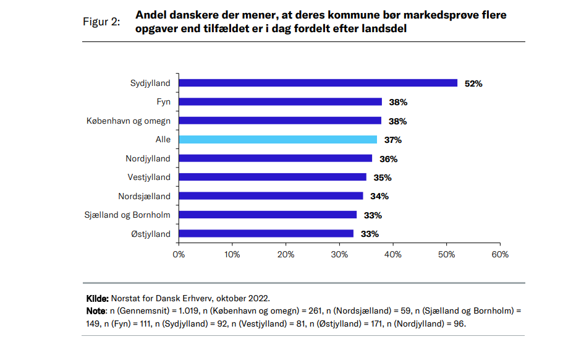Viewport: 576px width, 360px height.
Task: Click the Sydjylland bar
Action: (318, 83)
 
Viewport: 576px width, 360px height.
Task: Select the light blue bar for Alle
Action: (277, 140)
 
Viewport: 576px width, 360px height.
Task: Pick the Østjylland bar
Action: (266, 234)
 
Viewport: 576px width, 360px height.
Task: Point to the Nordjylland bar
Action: (275, 158)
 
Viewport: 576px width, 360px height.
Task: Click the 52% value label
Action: (473, 84)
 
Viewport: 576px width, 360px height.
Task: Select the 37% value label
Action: (393, 140)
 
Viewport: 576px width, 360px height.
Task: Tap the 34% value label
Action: (379, 196)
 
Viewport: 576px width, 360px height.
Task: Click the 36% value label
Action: (388, 159)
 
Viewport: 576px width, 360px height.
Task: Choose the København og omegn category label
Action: (128, 121)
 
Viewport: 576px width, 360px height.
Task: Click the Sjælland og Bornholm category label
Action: (127, 215)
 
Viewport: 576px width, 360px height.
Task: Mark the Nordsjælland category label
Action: (144, 196)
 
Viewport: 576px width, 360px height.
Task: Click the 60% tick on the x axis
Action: (500, 254)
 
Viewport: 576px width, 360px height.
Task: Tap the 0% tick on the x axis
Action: (179, 254)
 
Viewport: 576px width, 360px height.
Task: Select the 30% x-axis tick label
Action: (339, 254)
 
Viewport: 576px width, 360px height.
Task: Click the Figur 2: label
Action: (101, 22)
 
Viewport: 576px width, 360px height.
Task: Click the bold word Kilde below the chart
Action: (96, 298)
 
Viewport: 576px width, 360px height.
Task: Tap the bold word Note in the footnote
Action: (96, 310)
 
